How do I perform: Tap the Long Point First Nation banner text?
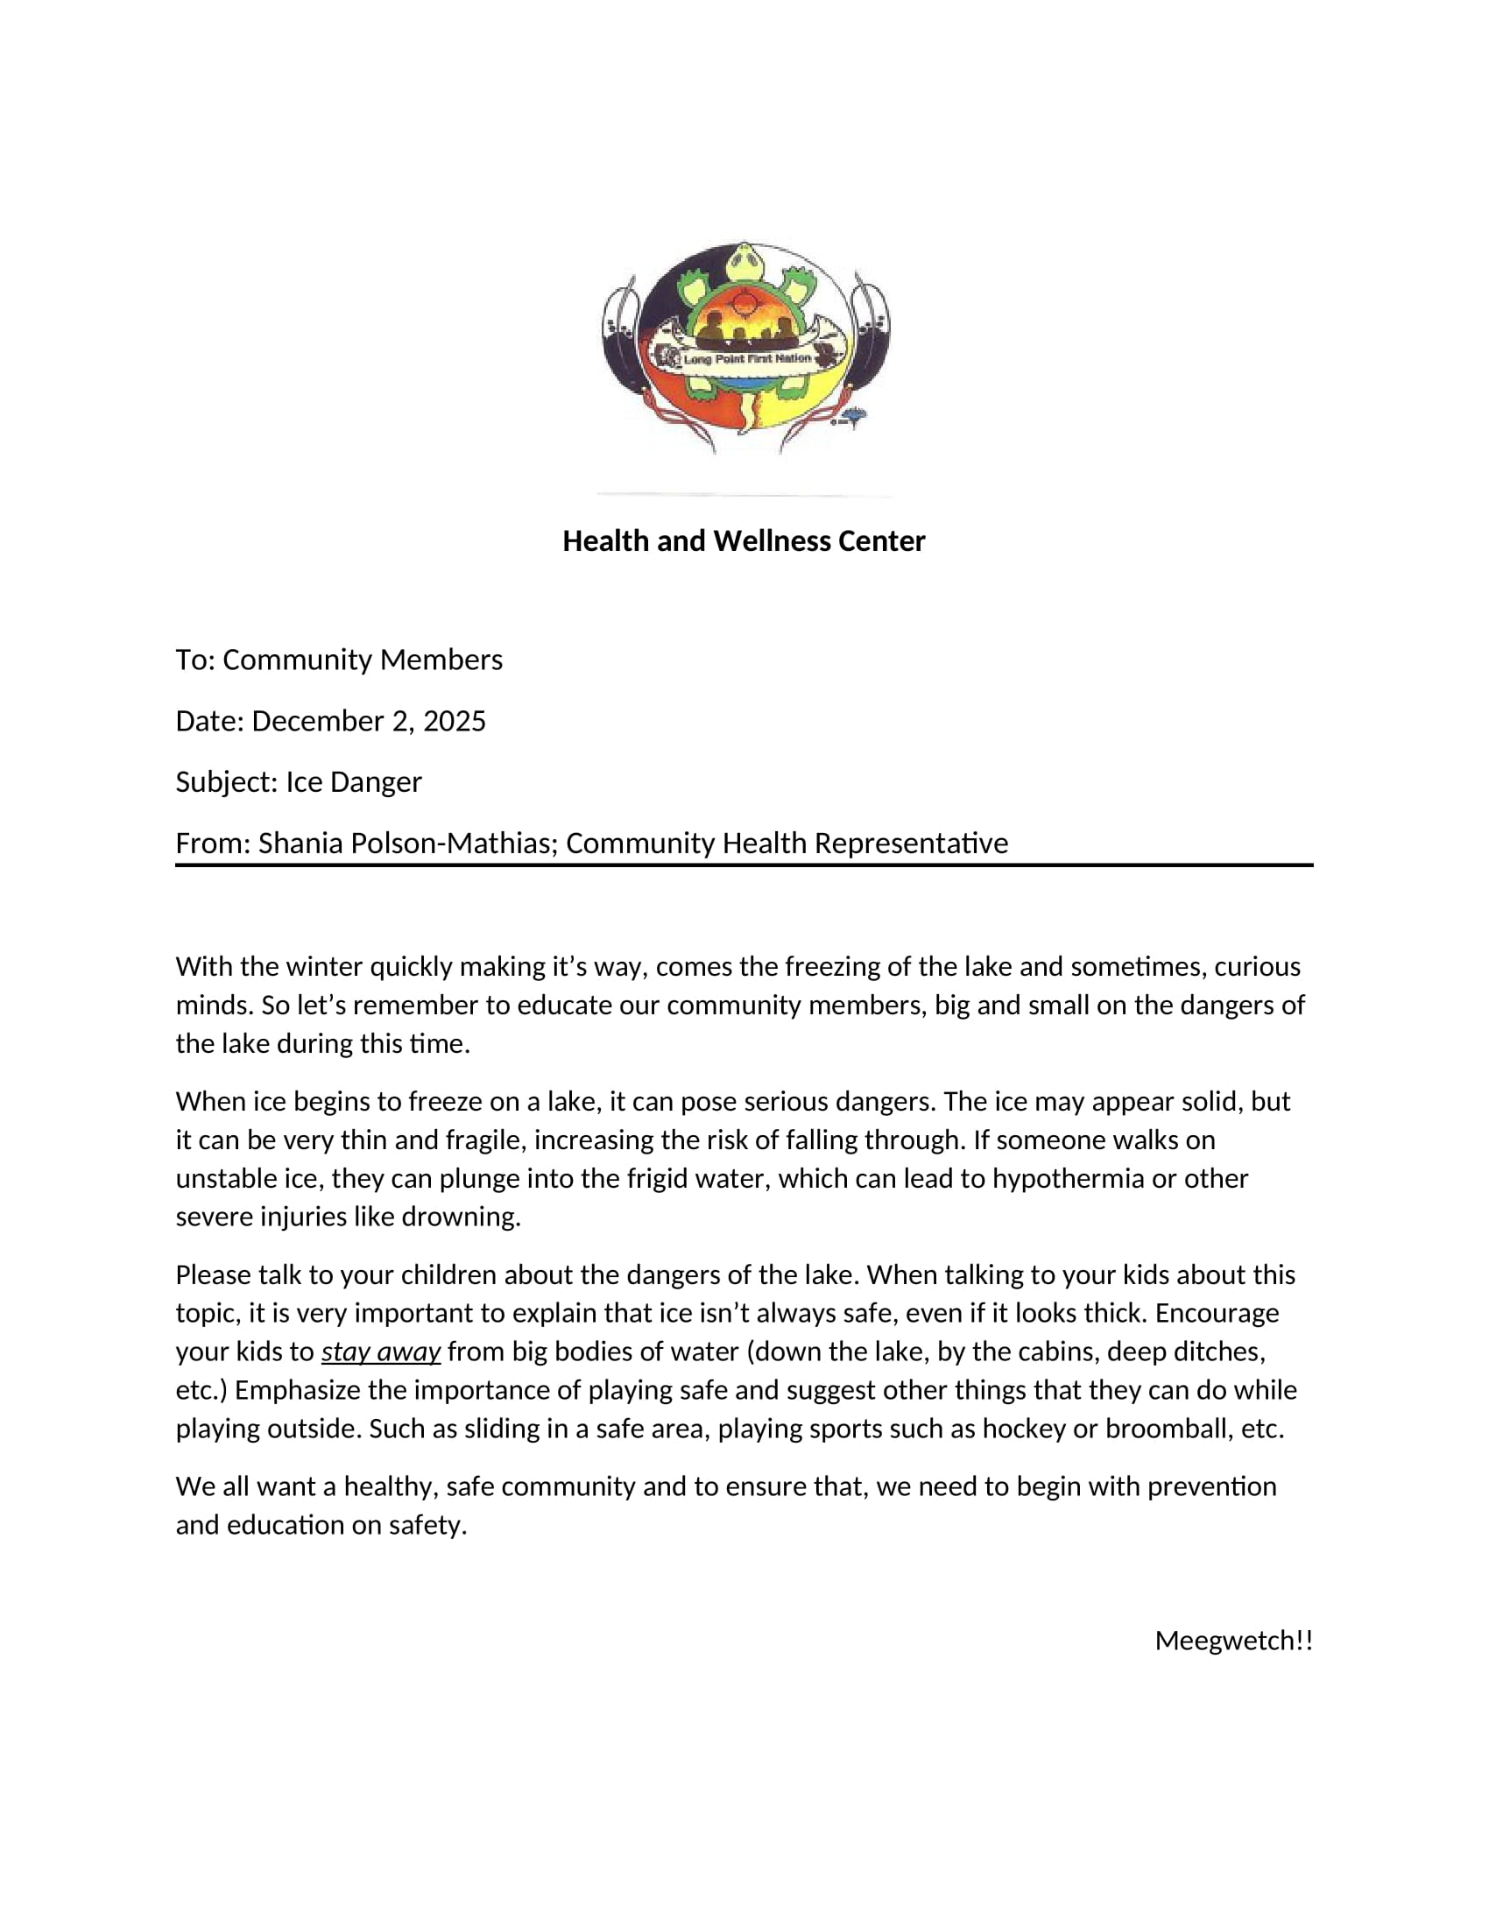[x=746, y=359]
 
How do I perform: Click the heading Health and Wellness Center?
[x=744, y=540]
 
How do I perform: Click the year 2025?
[x=455, y=721]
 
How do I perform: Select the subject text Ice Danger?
[x=354, y=781]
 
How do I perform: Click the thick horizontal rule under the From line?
[x=744, y=865]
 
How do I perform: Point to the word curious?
[x=1257, y=966]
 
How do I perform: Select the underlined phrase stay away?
[x=381, y=1352]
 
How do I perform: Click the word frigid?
[x=661, y=1178]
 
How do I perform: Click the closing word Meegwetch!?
[x=1233, y=1641]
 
